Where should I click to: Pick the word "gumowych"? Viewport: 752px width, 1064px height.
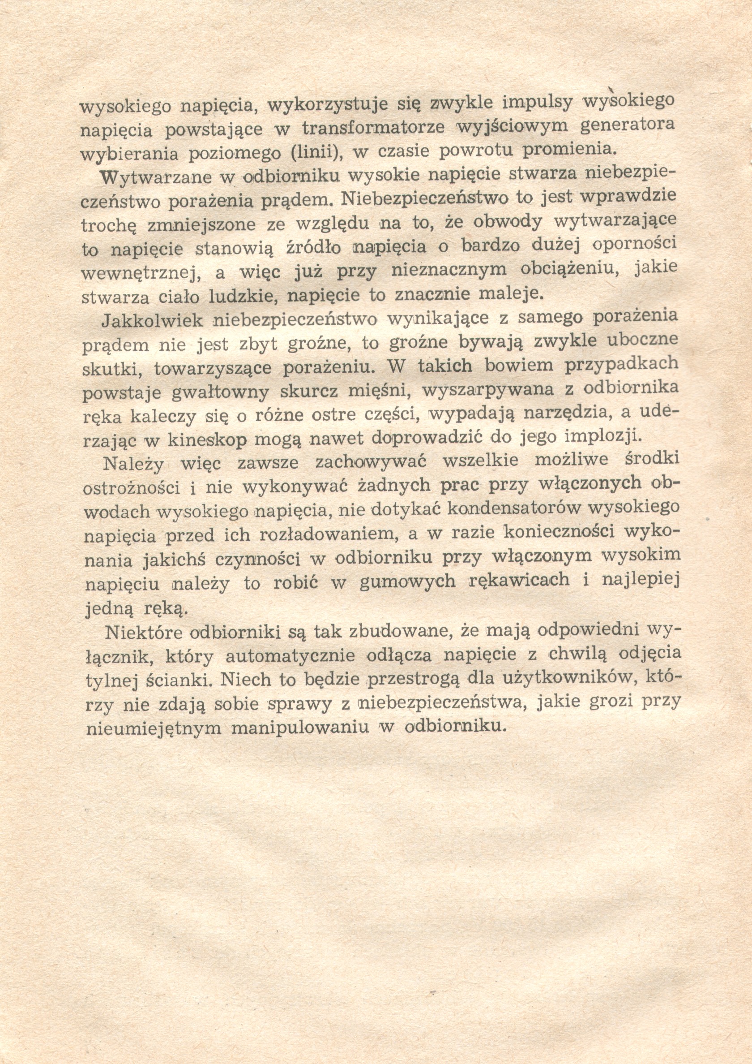(407, 582)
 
